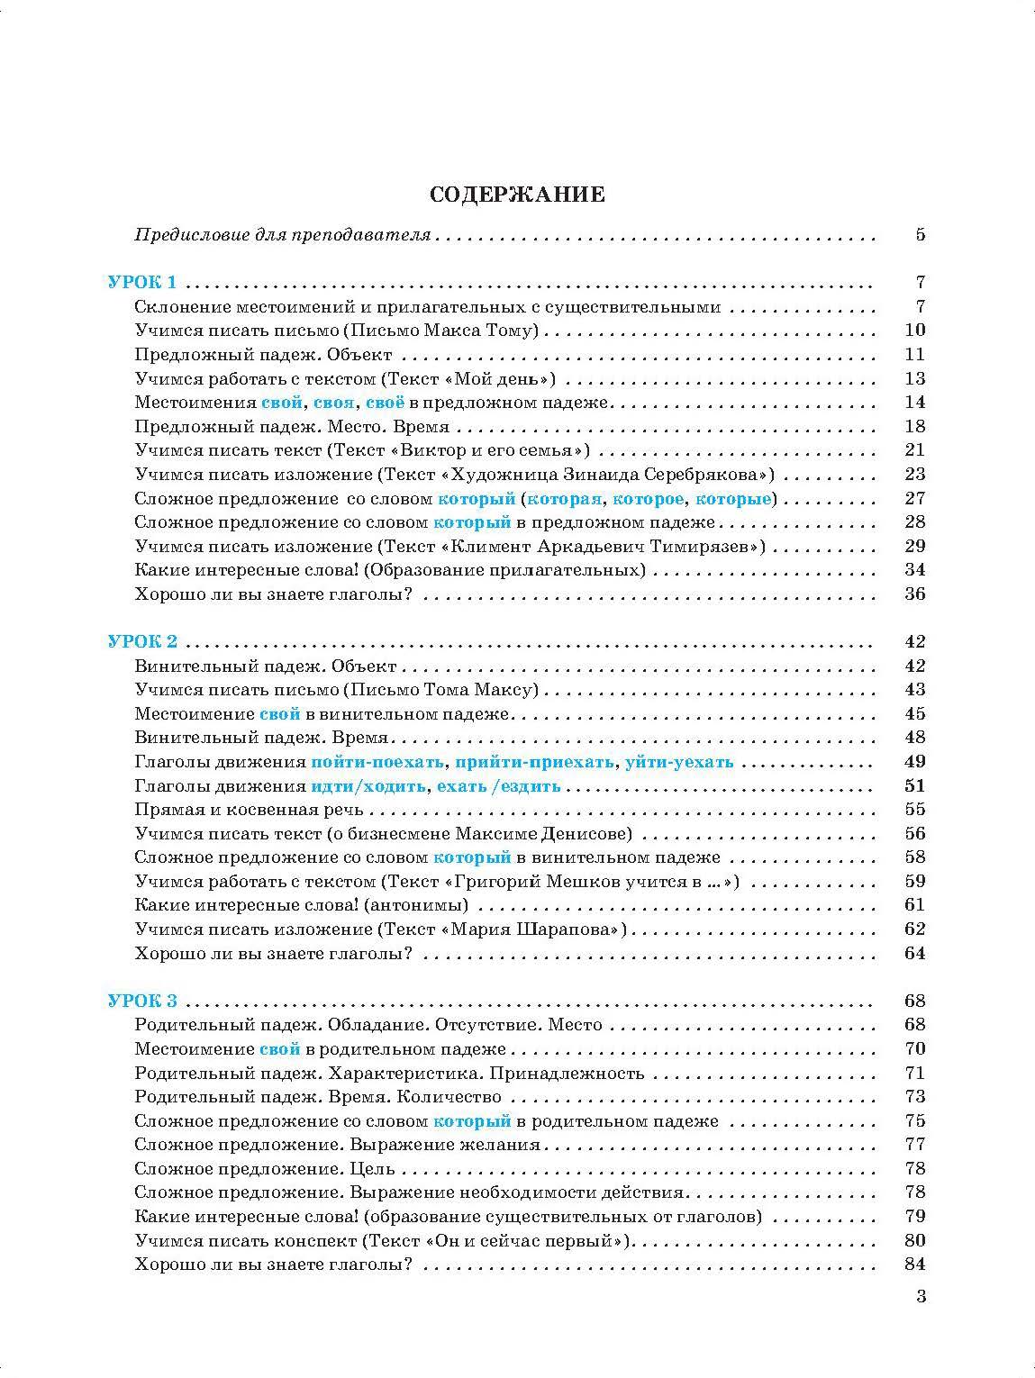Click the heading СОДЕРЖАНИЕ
[x=517, y=195]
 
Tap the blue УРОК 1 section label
[x=142, y=282]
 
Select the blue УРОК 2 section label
[x=142, y=641]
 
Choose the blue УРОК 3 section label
[x=142, y=1001]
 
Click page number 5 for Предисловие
[x=920, y=235]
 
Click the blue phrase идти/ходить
[x=368, y=785]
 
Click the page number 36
[x=914, y=594]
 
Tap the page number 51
[x=914, y=785]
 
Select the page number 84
[x=914, y=1265]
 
